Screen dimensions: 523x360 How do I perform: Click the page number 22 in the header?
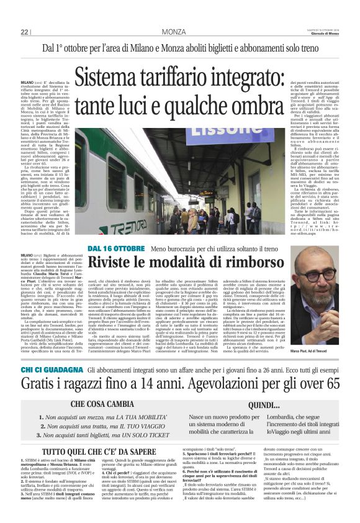coord(25,32)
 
